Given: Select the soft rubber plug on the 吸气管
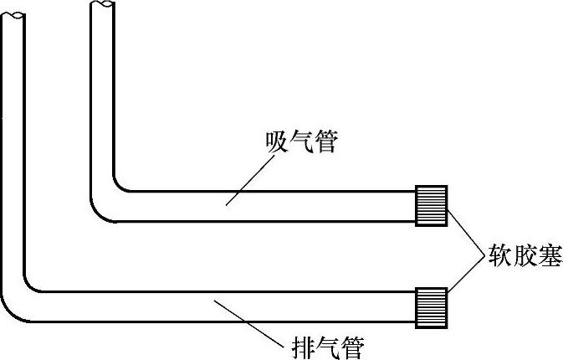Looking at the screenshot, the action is pyautogui.click(x=432, y=204).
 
